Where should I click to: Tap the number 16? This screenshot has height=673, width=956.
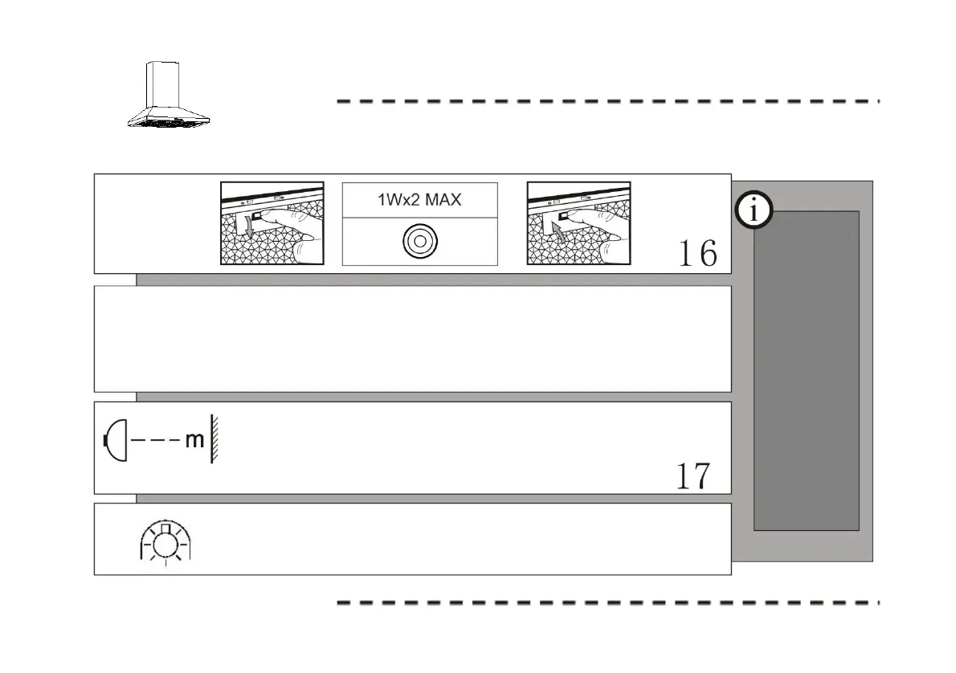[x=697, y=254]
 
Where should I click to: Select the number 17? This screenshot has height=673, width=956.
[x=692, y=477]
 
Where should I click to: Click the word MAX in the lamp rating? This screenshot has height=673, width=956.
[x=443, y=199]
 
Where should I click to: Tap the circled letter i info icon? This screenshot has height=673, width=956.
[x=754, y=212]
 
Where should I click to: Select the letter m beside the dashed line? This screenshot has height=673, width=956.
[x=194, y=441]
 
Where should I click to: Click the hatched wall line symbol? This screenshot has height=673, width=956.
[x=214, y=439]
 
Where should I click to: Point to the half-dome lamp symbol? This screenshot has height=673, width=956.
[x=116, y=440]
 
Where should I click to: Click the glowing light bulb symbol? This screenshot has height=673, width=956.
[x=166, y=542]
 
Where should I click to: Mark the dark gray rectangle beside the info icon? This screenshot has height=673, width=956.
[x=806, y=369]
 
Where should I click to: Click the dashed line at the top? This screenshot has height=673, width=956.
[x=607, y=102]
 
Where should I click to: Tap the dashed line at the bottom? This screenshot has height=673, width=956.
[x=607, y=602]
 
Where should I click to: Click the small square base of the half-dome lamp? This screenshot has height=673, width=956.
[x=105, y=440]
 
